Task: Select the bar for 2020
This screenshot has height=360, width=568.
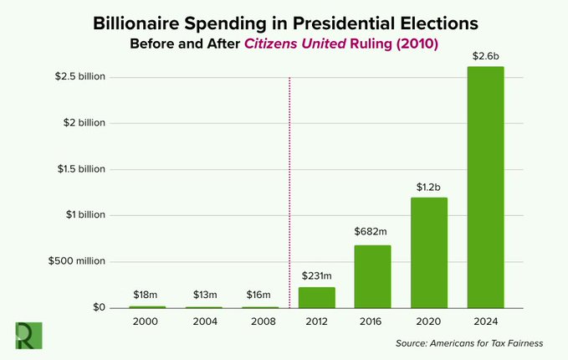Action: (429, 252)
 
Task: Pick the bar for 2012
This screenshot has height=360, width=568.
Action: (316, 297)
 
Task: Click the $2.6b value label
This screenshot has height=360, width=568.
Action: (485, 55)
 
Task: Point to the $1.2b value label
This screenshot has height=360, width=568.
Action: (429, 186)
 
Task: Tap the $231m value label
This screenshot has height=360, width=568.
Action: (316, 275)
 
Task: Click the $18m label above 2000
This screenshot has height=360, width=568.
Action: (146, 294)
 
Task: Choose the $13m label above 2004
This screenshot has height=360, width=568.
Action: (203, 294)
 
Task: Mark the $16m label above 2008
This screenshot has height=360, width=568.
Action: (259, 294)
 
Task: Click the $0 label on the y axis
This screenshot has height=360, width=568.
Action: (97, 307)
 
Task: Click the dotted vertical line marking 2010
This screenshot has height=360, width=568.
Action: (289, 193)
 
